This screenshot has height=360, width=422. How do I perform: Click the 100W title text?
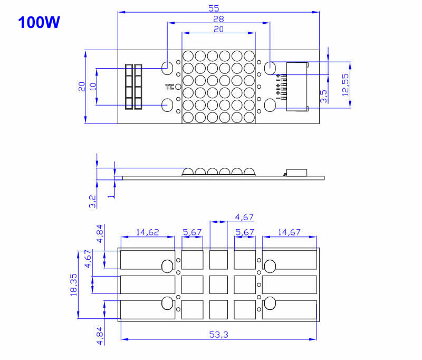[39, 23]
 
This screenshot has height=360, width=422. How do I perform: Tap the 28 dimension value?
[218, 19]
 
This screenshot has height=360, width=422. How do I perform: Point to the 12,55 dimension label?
[345, 84]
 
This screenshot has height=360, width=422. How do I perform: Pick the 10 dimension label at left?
[93, 87]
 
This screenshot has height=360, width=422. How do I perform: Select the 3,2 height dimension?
[93, 201]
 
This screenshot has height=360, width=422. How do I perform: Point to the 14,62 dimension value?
[148, 232]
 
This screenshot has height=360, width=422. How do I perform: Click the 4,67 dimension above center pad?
[244, 216]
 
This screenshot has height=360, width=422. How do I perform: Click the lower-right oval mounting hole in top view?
[270, 105]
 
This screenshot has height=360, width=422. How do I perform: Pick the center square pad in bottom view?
[218, 284]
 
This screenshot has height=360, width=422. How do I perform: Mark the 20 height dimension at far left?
[81, 87]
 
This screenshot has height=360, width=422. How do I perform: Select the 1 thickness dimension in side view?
[110, 195]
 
